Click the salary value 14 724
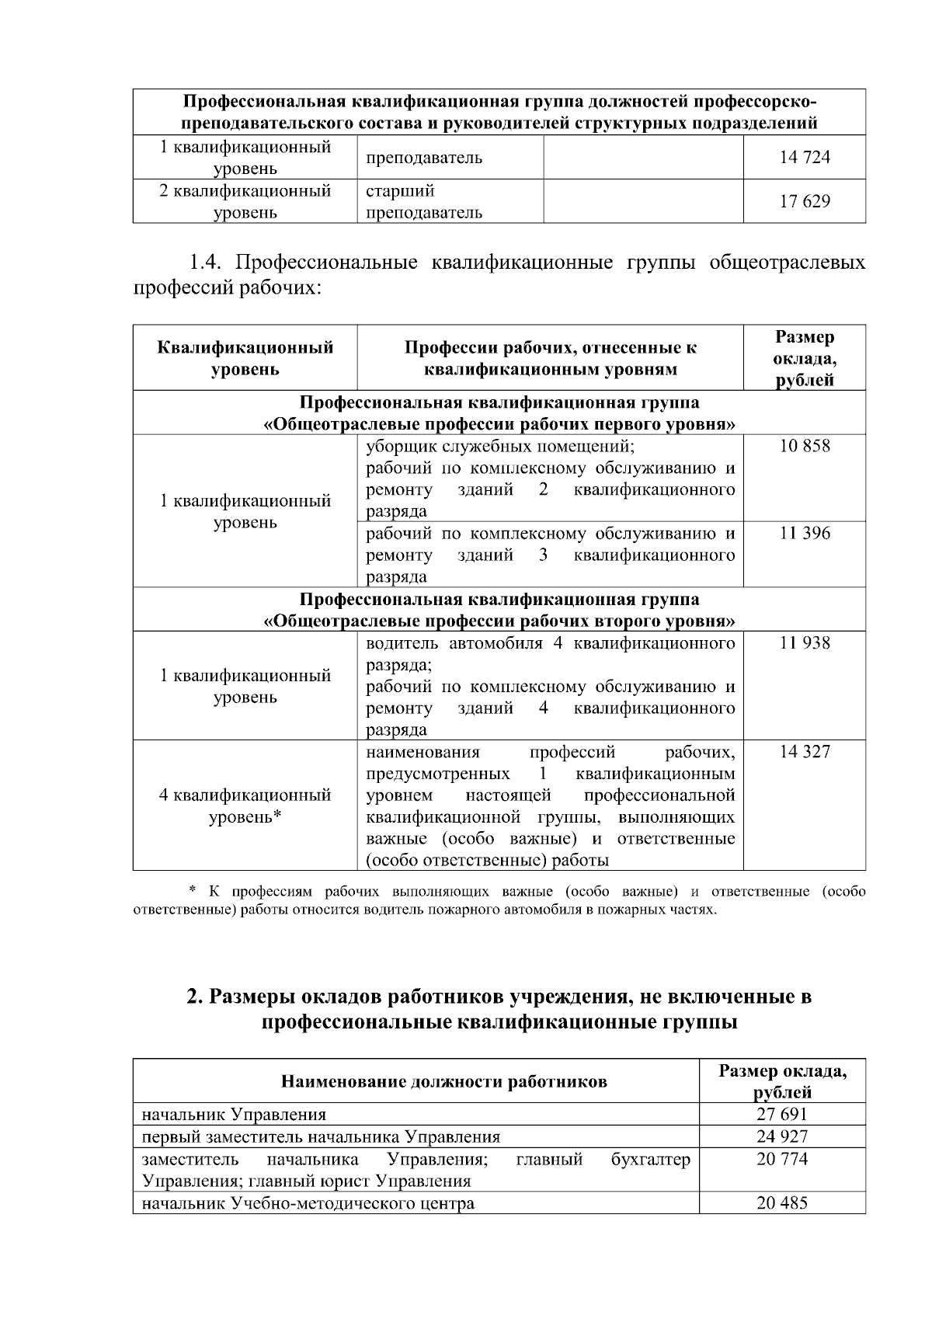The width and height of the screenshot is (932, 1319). click(x=805, y=158)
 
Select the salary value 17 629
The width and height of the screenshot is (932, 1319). click(x=805, y=202)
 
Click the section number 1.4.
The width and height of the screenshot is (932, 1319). click(x=208, y=263)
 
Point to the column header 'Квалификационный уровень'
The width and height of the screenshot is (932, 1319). click(x=245, y=358)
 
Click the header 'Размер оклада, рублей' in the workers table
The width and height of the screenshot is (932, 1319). click(x=805, y=358)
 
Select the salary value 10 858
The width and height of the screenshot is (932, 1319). click(x=805, y=447)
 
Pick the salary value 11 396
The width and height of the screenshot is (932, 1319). click(x=805, y=534)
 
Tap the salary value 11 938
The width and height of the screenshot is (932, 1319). click(x=805, y=643)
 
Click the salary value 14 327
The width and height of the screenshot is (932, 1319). click(x=805, y=752)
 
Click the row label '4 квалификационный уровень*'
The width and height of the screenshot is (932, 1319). click(x=245, y=806)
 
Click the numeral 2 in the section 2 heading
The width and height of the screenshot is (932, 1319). click(x=193, y=997)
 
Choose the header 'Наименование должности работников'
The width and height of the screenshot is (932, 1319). click(x=443, y=1082)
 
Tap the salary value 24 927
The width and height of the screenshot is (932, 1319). click(x=782, y=1137)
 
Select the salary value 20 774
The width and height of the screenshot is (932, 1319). click(x=782, y=1160)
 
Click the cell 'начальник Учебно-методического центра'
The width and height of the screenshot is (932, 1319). click(x=308, y=1204)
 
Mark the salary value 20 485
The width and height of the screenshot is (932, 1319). click(x=782, y=1204)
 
